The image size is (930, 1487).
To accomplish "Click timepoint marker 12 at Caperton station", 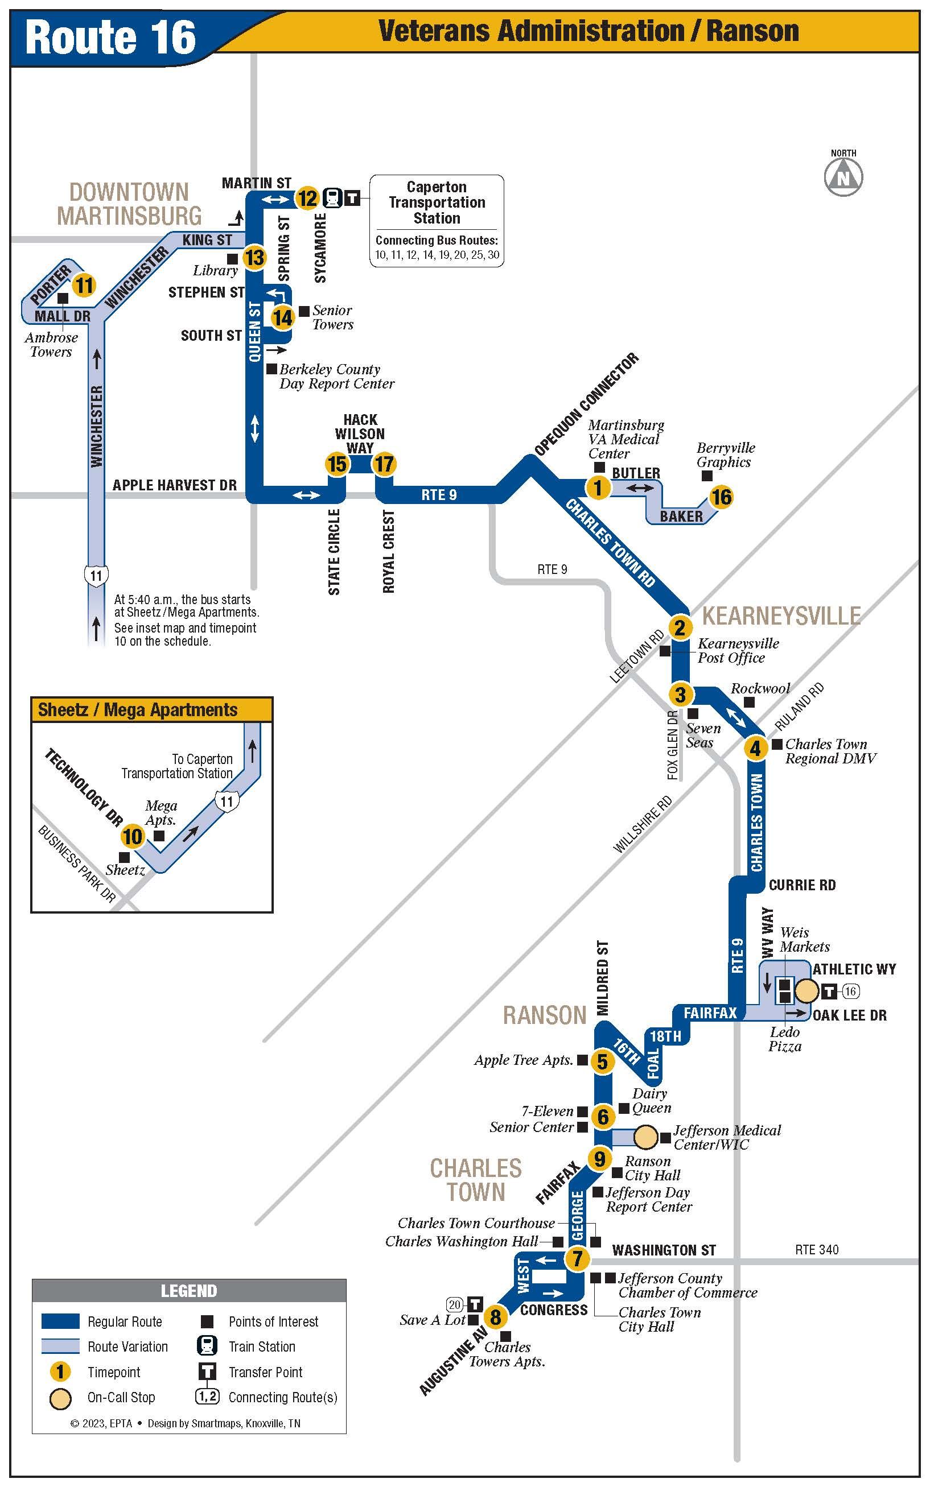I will [307, 199].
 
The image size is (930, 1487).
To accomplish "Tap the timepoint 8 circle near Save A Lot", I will [496, 1317].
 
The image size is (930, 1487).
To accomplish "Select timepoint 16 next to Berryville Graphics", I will [722, 497].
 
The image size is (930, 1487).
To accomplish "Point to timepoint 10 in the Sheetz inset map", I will [132, 836].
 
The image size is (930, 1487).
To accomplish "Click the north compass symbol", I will [843, 177].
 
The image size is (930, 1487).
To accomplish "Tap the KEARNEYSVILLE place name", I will [781, 616].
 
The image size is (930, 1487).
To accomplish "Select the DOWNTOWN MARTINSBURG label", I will [129, 204].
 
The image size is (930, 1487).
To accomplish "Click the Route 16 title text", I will [111, 37].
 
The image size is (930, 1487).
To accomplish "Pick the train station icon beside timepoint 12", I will [333, 198].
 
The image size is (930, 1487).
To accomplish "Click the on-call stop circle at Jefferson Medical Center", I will [645, 1137].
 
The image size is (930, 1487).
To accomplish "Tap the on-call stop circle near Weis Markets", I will [807, 991].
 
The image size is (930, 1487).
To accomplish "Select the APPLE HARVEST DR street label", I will [175, 485].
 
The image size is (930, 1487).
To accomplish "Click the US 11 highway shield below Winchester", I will [97, 575].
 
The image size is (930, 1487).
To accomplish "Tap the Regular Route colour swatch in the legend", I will [60, 1321].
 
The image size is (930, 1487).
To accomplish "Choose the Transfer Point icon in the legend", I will [207, 1372].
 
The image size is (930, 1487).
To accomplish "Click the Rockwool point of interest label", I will [760, 688].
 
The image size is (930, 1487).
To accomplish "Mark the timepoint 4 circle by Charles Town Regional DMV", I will [755, 748].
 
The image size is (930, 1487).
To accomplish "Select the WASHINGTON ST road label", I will [664, 1250].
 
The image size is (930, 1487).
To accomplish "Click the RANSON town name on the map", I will [545, 1015].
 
